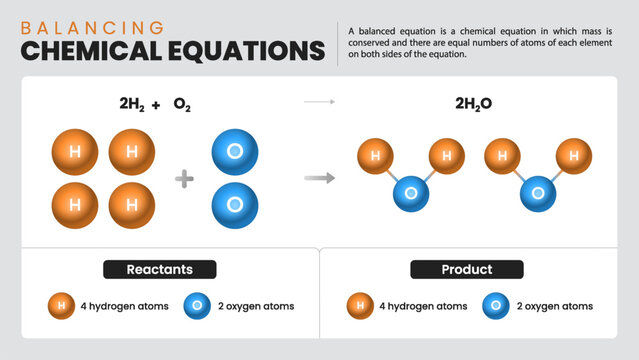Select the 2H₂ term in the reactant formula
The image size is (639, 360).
click(x=133, y=104)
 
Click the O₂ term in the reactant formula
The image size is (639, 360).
click(x=182, y=104)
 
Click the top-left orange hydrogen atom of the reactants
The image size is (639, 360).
click(x=75, y=153)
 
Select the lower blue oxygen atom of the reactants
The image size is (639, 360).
click(x=235, y=204)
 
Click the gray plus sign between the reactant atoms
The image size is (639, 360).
click(x=184, y=179)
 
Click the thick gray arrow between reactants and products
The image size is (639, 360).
click(x=319, y=178)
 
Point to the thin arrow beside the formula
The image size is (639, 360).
click(x=319, y=102)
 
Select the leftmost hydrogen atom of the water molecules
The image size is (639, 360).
click(x=375, y=155)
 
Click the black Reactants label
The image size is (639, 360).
click(x=160, y=269)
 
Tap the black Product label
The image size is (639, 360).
click(x=466, y=270)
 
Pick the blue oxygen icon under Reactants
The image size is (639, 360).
click(x=197, y=305)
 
